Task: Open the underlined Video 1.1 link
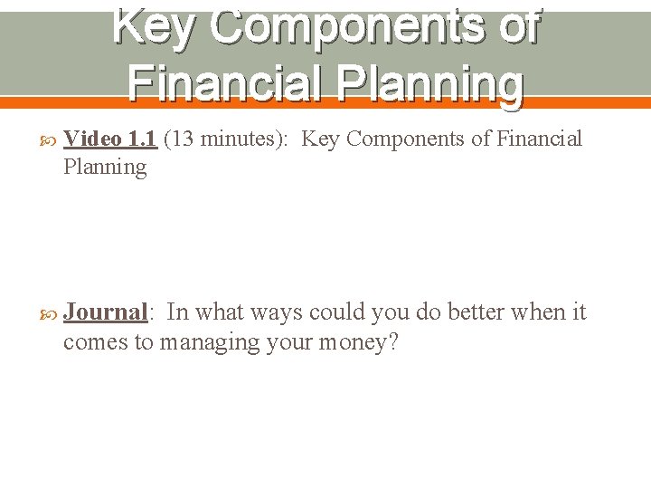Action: [x=110, y=139]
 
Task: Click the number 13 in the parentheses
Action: [x=182, y=139]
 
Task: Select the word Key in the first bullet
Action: [x=321, y=139]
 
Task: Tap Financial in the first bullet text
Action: [x=539, y=139]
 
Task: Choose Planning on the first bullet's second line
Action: [x=104, y=167]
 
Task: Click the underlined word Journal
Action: [x=105, y=312]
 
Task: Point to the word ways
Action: [x=277, y=312]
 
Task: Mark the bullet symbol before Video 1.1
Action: [x=49, y=139]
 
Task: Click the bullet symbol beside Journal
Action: [x=49, y=312]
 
